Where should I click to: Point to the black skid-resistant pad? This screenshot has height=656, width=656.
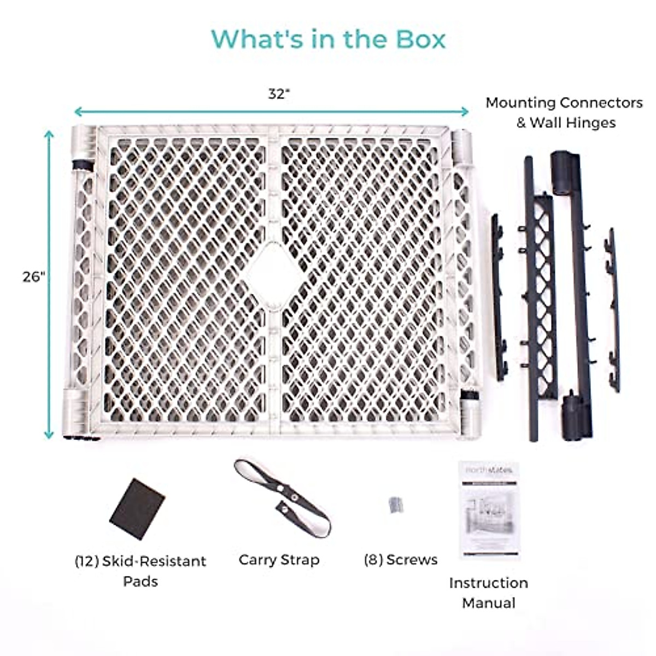coord(137,508)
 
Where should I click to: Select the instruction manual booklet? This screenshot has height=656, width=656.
coord(489,509)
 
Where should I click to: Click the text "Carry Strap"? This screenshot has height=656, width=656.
coord(279,560)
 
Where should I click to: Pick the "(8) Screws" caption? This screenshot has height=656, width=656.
coord(401,560)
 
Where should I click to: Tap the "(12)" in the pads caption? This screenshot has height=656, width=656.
coord(86,561)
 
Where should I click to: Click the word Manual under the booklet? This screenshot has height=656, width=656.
coord(489,603)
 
